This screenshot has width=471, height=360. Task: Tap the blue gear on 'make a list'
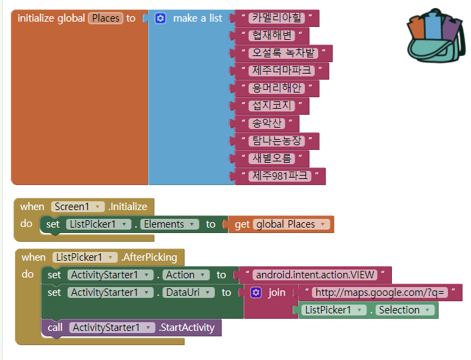160,18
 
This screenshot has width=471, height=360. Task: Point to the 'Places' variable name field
105,18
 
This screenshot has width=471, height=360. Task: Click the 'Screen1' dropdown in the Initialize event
78,207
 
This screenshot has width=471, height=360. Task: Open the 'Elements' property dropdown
168,224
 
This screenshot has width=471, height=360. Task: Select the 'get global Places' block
281,224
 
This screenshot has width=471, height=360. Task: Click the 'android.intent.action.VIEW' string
315,275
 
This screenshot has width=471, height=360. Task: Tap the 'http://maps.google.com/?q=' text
382,292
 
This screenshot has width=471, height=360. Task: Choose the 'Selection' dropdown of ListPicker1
403,310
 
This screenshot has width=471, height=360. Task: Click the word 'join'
277,292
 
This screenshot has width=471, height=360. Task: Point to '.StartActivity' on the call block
186,328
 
